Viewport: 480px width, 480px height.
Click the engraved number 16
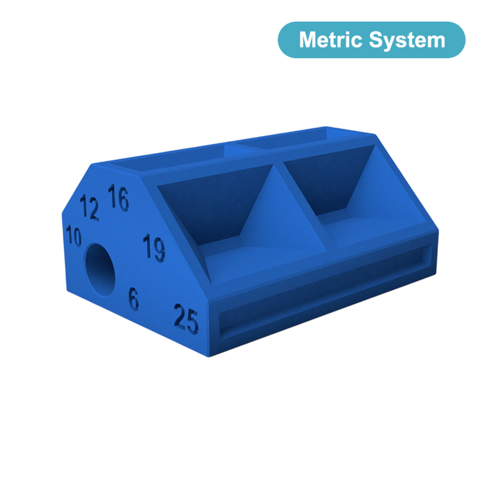[x=119, y=197]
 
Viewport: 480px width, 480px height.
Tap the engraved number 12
[x=89, y=207]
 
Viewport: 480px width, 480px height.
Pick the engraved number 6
[x=134, y=298]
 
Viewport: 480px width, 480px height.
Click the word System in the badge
[x=407, y=40]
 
